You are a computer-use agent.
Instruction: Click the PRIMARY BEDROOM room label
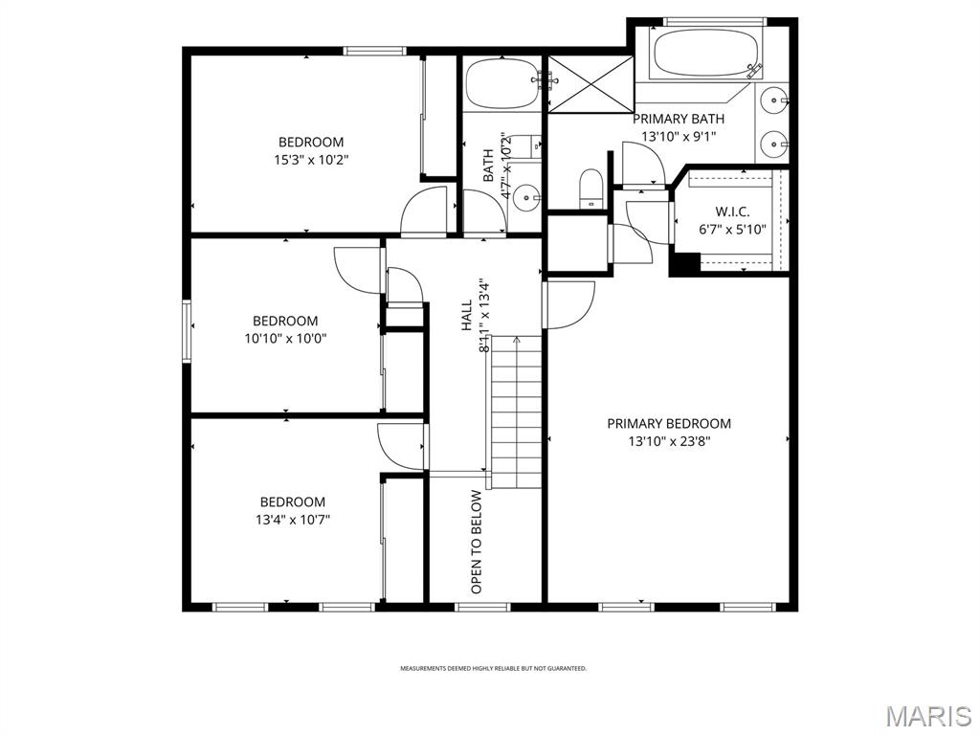[x=669, y=424]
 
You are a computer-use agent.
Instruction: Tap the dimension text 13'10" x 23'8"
[x=669, y=442]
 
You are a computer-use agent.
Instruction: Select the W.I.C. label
[x=732, y=212]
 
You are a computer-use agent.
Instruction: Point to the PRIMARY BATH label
[x=679, y=119]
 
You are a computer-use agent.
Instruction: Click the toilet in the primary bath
[x=591, y=188]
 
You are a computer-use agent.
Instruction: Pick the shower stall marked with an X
[x=590, y=83]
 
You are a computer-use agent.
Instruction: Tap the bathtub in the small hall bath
[x=502, y=83]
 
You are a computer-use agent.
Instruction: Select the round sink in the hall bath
[x=526, y=199]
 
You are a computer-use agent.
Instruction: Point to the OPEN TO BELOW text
[x=476, y=542]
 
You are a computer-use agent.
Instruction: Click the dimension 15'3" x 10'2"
[x=310, y=161]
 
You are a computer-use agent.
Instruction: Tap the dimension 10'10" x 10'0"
[x=285, y=338]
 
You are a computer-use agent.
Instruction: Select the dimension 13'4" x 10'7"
[x=292, y=520]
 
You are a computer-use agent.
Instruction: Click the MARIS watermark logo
[x=926, y=716]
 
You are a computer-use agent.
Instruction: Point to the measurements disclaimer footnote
[x=493, y=669]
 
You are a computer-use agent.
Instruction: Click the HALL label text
[x=467, y=316]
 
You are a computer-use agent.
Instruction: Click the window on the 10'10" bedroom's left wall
[x=187, y=331]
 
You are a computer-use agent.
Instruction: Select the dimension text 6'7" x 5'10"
[x=732, y=230]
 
